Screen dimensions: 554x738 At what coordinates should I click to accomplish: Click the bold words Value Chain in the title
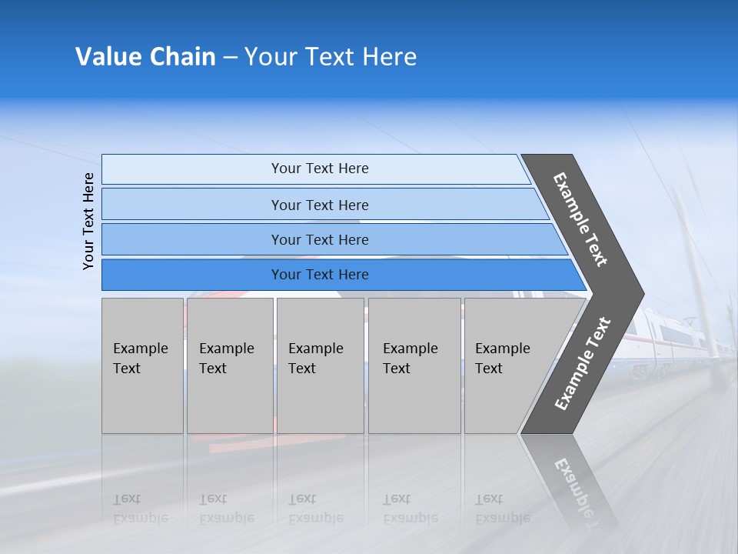click(145, 57)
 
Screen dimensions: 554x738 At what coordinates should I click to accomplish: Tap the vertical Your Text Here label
click(88, 221)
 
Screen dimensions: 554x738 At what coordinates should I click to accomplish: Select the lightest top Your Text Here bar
click(319, 169)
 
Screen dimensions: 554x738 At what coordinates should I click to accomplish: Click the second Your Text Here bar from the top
click(319, 205)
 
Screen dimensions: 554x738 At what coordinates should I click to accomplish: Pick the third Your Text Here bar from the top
click(319, 239)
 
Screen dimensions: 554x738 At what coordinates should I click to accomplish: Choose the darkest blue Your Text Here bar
click(319, 275)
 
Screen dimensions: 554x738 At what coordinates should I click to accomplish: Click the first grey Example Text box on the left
click(142, 365)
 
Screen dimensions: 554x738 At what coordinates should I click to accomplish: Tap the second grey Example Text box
click(229, 365)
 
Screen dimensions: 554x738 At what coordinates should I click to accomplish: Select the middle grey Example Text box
click(320, 365)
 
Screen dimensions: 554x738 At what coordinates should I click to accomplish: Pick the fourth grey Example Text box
click(414, 365)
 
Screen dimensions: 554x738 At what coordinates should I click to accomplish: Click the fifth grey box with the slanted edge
click(507, 365)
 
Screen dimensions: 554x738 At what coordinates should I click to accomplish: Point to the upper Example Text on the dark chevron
click(580, 219)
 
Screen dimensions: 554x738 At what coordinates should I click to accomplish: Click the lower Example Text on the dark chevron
click(582, 363)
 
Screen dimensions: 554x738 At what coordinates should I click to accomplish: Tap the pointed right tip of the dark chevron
click(640, 293)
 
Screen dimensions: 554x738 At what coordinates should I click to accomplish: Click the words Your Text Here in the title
click(331, 57)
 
